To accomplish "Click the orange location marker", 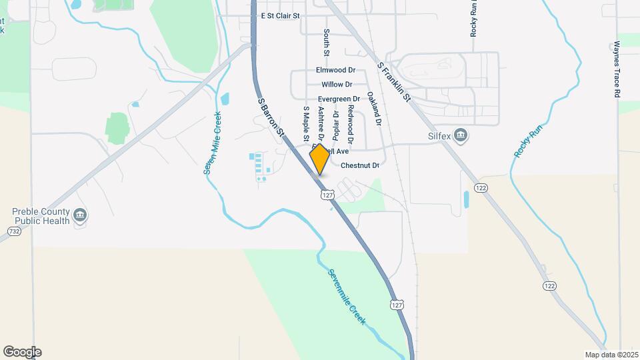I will pos(319,159).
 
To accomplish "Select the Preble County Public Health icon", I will pos(80,215).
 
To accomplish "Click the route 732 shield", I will pos(13,231).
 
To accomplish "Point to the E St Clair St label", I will pos(280,15).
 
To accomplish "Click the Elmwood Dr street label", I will pos(336,70).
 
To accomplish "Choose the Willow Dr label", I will pos(336,85).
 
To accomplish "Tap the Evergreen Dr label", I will pos(339,99).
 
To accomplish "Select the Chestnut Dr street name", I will pos(360,165).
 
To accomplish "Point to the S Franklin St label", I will pos(395,83).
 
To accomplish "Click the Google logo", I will pos(22,352).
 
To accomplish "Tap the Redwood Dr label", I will pos(350,123).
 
